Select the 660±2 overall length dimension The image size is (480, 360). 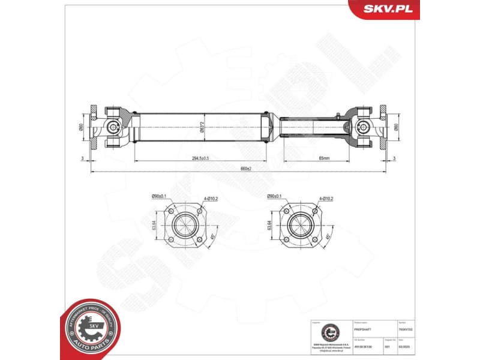pyautogui.click(x=245, y=169)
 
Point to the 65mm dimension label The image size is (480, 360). pyautogui.click(x=325, y=158)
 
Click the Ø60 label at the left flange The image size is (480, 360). pyautogui.click(x=82, y=127)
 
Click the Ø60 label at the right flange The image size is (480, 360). pyautogui.click(x=397, y=127)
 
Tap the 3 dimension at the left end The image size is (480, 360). pyautogui.click(x=82, y=158)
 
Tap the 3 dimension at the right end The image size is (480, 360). pyautogui.click(x=395, y=158)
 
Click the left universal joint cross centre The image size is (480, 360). pyautogui.click(x=113, y=127)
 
